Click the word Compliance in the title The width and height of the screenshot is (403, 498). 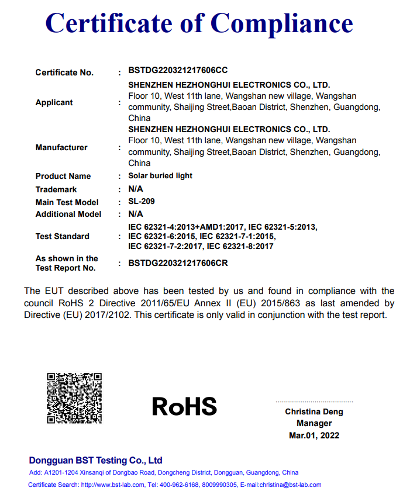click(x=281, y=23)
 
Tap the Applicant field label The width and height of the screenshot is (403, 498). click(x=54, y=102)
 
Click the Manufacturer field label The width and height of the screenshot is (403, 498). click(x=61, y=147)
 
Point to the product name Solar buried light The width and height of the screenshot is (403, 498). click(x=160, y=175)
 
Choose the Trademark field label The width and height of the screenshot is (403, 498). click(x=56, y=189)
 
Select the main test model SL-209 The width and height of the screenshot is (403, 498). click(x=142, y=201)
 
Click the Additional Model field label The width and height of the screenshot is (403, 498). click(x=68, y=214)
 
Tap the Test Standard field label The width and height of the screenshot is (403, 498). click(x=62, y=236)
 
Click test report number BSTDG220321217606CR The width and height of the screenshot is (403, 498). click(x=178, y=263)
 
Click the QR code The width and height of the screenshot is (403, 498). click(x=74, y=398)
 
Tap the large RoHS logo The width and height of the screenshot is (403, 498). click(x=184, y=406)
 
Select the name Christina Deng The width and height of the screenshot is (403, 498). click(x=314, y=411)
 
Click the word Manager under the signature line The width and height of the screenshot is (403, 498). click(x=314, y=423)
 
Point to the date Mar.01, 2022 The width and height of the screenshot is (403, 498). click(x=314, y=435)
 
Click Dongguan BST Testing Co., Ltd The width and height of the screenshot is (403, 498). click(x=95, y=460)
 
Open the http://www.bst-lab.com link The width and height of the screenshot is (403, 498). click(x=112, y=485)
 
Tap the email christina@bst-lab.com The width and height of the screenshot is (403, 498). click(x=291, y=485)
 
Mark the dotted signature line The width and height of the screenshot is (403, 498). click(x=314, y=402)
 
